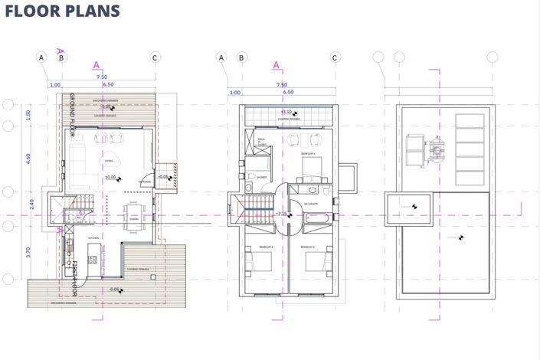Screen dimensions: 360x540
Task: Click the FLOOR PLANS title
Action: pyautogui.click(x=62, y=11)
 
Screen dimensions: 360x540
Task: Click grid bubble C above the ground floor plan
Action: pyautogui.click(x=155, y=57)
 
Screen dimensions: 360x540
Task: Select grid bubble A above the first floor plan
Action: pyautogui.click(x=221, y=57)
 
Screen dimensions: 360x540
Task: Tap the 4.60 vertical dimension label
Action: pyautogui.click(x=29, y=159)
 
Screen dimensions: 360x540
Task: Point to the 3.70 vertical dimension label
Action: pyautogui.click(x=29, y=251)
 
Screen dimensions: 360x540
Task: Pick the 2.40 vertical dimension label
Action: pyautogui.click(x=29, y=205)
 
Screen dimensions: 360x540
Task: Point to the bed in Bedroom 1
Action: pyautogui.click(x=309, y=167)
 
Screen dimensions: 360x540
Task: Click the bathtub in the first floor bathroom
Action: pyautogui.click(x=316, y=219)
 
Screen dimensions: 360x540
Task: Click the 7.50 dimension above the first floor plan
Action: pyautogui.click(x=281, y=85)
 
